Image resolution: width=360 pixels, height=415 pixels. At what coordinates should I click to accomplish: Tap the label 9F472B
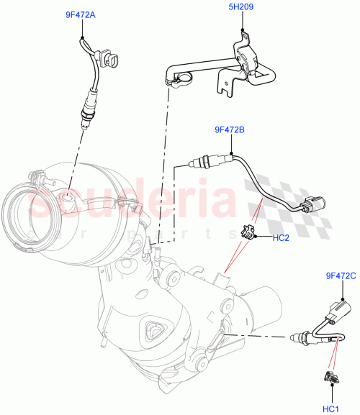coord(229,130)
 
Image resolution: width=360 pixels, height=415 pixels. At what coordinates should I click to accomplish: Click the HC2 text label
coord(281,237)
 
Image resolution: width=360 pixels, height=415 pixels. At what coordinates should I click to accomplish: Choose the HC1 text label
coord(331,409)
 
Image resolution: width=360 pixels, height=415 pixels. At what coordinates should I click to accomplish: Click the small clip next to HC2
coord(246,232)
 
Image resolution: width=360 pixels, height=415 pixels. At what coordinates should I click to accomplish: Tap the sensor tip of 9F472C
coord(297,336)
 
